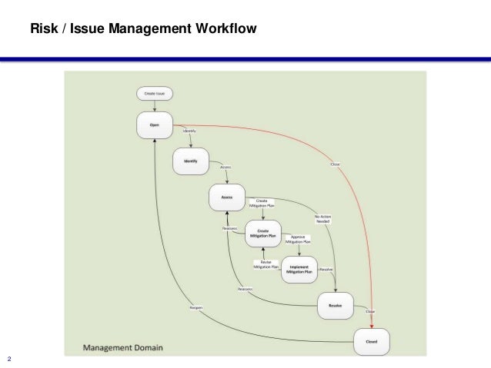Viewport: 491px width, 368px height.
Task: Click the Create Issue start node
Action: tap(155, 94)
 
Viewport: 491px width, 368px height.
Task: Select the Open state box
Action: tap(155, 124)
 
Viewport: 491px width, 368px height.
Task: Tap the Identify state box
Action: tap(190, 161)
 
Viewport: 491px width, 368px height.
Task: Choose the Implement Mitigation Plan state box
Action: tap(299, 269)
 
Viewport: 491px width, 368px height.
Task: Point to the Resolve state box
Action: tap(335, 305)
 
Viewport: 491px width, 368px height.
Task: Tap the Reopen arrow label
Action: tap(195, 307)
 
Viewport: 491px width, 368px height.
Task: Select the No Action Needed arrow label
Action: tap(323, 219)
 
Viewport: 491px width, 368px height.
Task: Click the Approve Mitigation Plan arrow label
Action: tap(299, 240)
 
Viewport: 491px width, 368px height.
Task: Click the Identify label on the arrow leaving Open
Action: tap(189, 131)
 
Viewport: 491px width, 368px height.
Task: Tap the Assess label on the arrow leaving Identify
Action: tap(225, 167)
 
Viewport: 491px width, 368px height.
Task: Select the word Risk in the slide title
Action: tap(42, 30)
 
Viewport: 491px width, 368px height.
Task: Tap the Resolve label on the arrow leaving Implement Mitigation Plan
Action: tap(326, 269)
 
